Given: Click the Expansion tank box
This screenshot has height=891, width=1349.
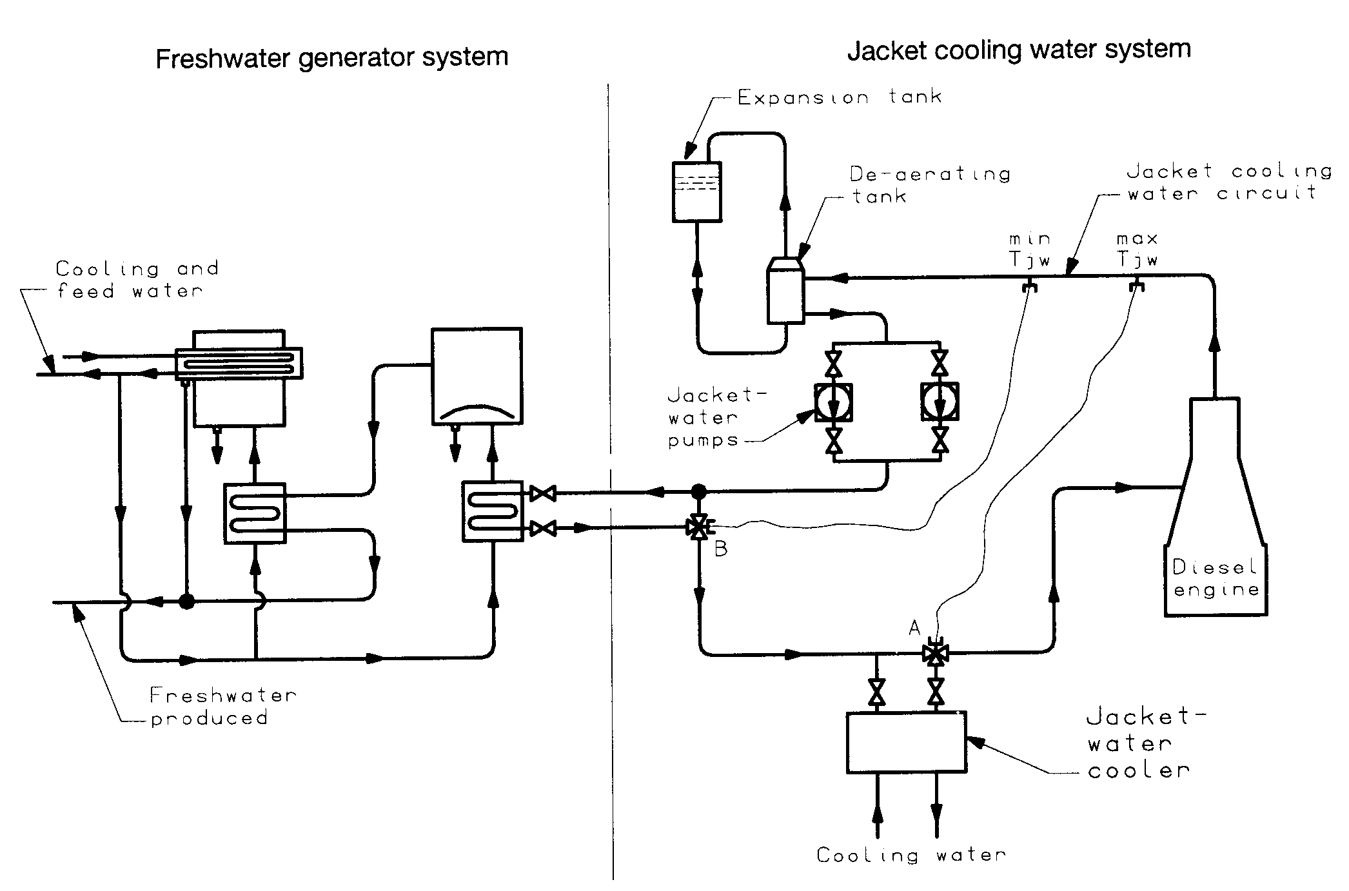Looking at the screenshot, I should [x=696, y=191].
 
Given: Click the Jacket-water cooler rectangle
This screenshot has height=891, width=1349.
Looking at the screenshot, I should [x=906, y=742].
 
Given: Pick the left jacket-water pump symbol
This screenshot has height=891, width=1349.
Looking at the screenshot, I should [x=834, y=402].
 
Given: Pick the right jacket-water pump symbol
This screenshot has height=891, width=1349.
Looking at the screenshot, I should [x=940, y=402].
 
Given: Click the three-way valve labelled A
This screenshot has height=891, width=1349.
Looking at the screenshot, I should [x=934, y=654].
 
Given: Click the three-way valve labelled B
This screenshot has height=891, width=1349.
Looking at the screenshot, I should [x=698, y=528].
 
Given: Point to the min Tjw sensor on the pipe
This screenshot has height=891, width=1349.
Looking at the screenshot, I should [x=1030, y=284].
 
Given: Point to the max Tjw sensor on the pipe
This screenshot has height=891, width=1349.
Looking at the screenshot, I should [x=1137, y=284].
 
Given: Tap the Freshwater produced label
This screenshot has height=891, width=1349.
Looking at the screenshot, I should [x=222, y=707].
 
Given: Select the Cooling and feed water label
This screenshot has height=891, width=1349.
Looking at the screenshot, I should [x=137, y=280].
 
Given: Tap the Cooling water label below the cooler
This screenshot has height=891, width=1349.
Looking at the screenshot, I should [x=911, y=856].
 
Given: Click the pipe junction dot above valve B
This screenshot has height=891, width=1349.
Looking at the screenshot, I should [x=698, y=492].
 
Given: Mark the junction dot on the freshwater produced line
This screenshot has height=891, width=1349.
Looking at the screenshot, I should [x=186, y=602].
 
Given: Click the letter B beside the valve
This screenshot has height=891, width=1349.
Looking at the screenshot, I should [x=721, y=550].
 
